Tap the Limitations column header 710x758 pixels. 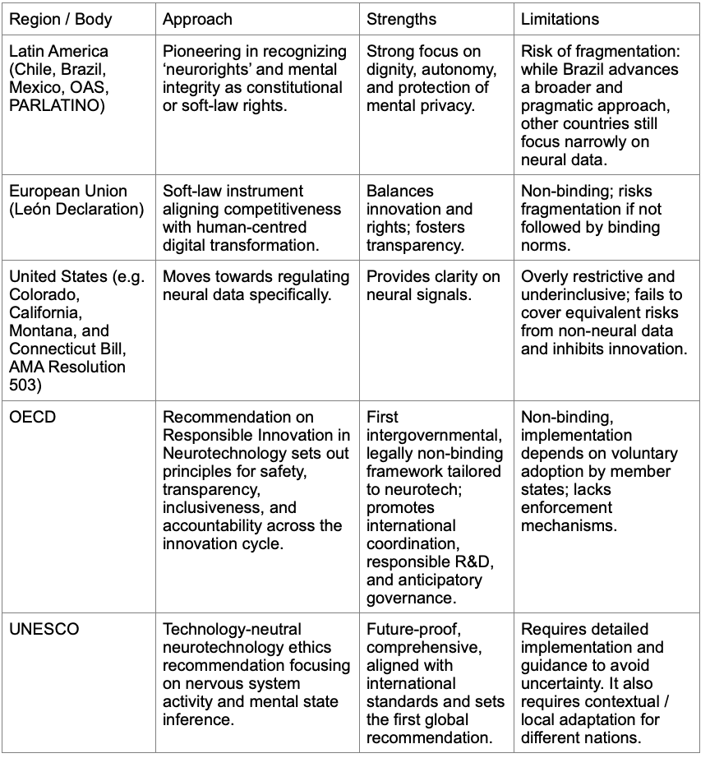[x=560, y=19]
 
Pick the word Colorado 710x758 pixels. [x=41, y=294]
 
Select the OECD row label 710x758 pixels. [x=33, y=417]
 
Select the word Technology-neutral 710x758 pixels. [x=233, y=629]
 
